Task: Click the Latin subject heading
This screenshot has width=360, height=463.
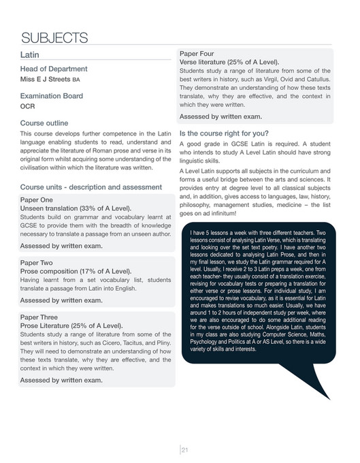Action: [31, 55]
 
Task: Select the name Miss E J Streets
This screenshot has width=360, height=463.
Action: [50, 80]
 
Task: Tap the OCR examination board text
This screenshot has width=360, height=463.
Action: [28, 106]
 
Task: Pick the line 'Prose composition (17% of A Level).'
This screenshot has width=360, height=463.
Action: [75, 270]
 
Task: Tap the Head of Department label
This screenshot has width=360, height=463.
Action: [54, 69]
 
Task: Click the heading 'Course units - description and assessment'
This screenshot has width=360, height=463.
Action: [91, 187]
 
